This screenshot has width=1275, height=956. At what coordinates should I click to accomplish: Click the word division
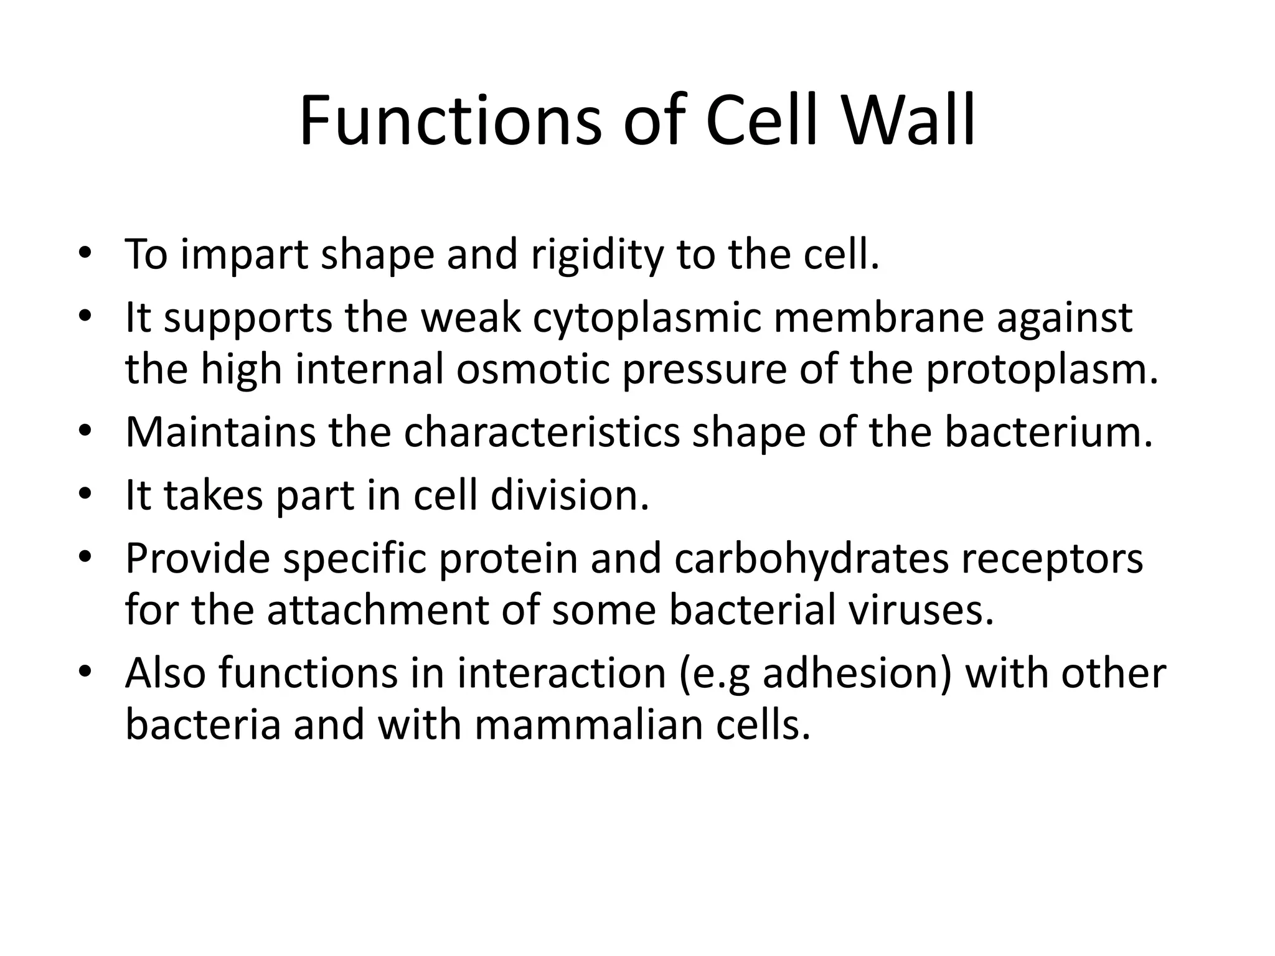[569, 495]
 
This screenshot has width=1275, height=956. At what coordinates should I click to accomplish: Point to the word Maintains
[220, 432]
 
